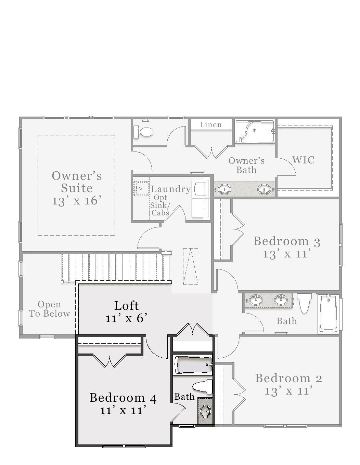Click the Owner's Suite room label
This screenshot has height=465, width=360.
(x=77, y=182)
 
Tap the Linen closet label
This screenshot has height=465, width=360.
(x=211, y=125)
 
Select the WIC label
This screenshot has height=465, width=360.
(x=303, y=160)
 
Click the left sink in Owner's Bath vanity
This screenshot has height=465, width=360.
(x=224, y=189)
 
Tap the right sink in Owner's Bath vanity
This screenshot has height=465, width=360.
(x=264, y=189)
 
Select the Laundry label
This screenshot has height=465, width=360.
(x=171, y=189)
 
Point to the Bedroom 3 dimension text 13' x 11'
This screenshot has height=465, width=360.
(x=287, y=254)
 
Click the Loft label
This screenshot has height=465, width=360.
(x=126, y=305)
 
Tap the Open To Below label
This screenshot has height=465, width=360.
(x=49, y=309)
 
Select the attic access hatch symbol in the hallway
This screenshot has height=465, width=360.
(x=191, y=266)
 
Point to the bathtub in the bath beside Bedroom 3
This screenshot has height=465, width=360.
(x=329, y=314)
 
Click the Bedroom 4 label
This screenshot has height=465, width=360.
(x=123, y=398)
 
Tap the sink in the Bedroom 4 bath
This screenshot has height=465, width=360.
(x=205, y=411)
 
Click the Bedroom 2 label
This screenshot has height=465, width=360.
(x=288, y=378)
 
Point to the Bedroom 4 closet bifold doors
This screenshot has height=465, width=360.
(x=109, y=361)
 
